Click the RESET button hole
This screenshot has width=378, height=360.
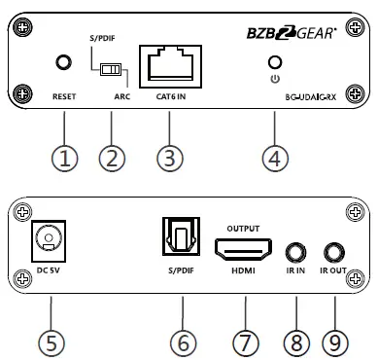[x=63, y=63]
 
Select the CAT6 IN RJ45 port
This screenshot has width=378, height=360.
[x=169, y=66]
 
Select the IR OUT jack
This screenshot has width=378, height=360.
[x=333, y=252]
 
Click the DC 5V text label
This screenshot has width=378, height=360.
[x=49, y=270]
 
